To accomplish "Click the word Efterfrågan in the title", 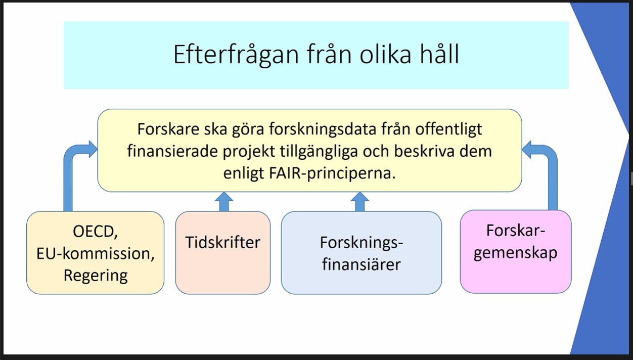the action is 236,55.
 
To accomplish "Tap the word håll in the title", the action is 439,54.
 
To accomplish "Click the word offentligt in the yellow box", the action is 448,130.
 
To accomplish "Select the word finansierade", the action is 172,151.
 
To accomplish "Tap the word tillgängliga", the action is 319,152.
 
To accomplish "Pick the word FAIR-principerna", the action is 332,173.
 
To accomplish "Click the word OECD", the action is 95,232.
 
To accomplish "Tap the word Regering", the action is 96,276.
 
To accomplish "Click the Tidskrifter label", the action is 222,243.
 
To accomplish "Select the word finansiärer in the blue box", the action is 361,264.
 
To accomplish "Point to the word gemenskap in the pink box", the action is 515,253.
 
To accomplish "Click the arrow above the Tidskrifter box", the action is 224,202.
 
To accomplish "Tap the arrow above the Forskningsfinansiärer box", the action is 360,202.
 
